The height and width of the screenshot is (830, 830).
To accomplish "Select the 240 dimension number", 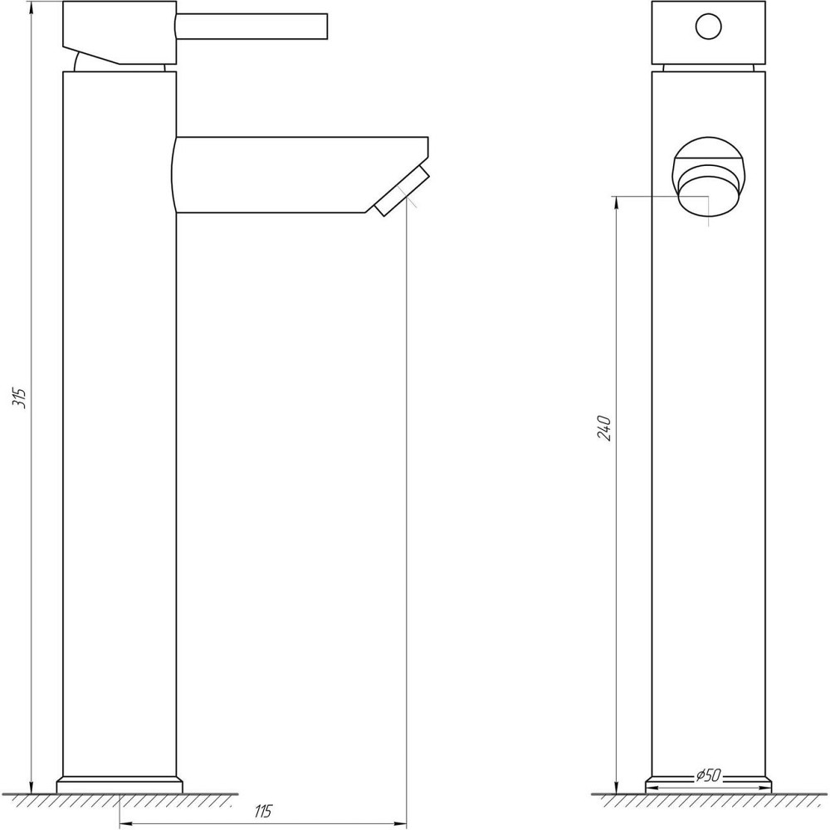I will pos(605,427).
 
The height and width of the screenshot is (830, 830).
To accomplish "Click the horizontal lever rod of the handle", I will pos(253,25).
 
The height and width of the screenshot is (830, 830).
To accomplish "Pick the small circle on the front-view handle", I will pos(708,27).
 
